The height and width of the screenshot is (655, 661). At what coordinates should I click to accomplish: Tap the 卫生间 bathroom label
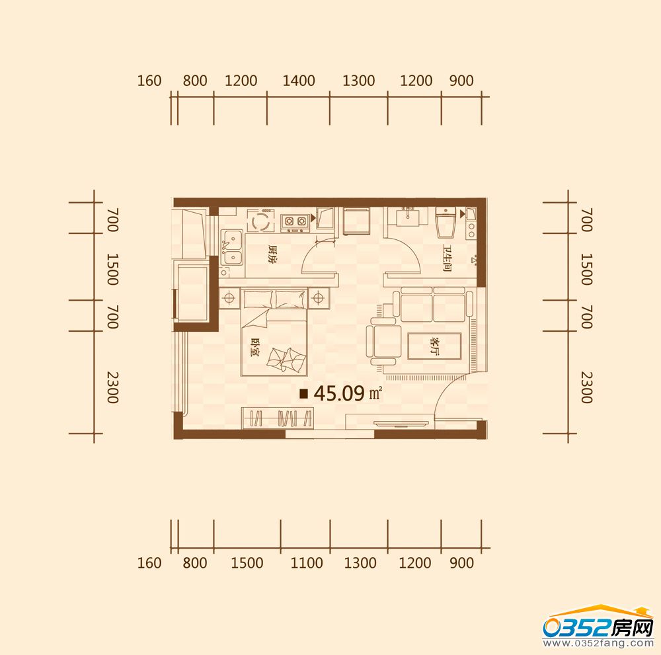click(x=447, y=258)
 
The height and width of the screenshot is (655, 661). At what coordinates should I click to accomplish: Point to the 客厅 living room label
click(x=434, y=346)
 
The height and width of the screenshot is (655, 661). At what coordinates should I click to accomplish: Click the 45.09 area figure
click(x=339, y=393)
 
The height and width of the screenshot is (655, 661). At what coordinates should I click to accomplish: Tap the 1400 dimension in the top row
click(x=299, y=81)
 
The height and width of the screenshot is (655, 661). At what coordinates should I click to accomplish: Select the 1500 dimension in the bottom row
click(x=247, y=562)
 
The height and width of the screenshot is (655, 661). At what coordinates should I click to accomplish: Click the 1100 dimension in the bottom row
click(x=307, y=562)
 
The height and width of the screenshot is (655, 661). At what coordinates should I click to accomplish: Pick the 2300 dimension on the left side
click(x=112, y=387)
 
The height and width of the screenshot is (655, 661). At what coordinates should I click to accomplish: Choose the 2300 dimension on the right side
click(x=586, y=387)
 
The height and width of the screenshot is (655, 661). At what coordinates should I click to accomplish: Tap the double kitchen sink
click(x=231, y=247)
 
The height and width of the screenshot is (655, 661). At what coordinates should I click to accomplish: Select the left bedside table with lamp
click(x=229, y=298)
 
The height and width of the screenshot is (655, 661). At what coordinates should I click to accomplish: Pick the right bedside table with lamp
click(x=319, y=298)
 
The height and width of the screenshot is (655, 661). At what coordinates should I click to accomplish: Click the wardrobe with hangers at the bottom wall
click(x=278, y=418)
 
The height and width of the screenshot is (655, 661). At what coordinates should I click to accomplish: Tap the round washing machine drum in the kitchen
click(x=259, y=221)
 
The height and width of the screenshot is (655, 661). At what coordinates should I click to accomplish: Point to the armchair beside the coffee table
click(x=384, y=342)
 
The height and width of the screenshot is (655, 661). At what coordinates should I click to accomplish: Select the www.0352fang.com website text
click(x=598, y=643)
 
